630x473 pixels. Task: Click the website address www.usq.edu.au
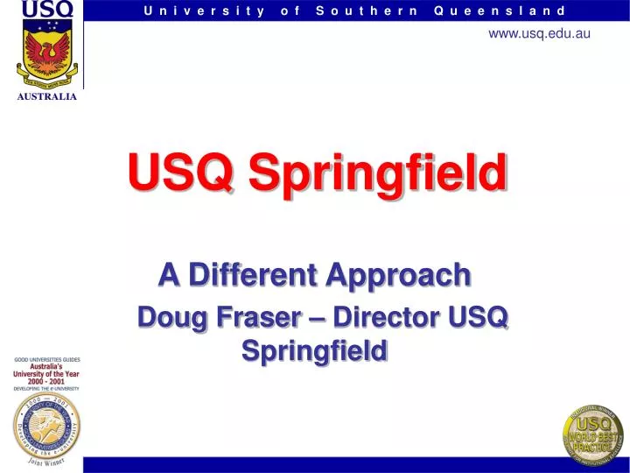click(539, 33)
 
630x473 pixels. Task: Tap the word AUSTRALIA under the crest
click(47, 96)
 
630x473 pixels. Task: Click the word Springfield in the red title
click(378, 173)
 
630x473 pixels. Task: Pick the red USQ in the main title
click(180, 173)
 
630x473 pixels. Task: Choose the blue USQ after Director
click(480, 317)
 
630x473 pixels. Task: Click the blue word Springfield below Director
click(314, 350)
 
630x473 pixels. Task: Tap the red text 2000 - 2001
click(45, 380)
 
